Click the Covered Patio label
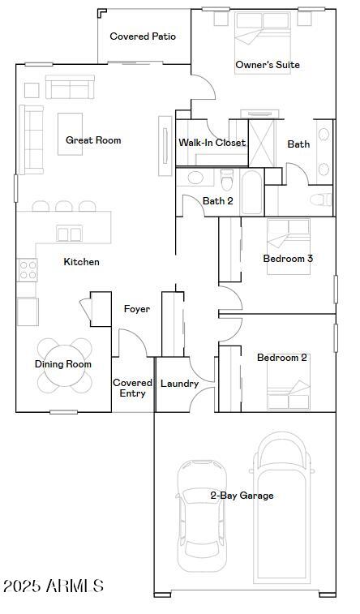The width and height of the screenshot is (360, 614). click(x=143, y=36)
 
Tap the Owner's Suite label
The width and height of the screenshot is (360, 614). click(x=268, y=65)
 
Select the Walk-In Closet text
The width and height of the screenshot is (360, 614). click(x=212, y=143)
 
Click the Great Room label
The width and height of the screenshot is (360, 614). click(x=93, y=140)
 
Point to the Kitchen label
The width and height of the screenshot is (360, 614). click(x=81, y=262)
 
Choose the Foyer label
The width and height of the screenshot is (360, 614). click(x=136, y=309)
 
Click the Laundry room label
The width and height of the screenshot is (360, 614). click(x=179, y=384)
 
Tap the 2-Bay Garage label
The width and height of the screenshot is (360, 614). click(x=242, y=496)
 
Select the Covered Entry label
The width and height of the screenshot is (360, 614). click(x=132, y=388)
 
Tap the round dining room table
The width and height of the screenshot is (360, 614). click(x=63, y=364)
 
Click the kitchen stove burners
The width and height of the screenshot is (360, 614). click(x=27, y=269)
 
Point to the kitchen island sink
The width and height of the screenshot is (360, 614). click(x=68, y=234)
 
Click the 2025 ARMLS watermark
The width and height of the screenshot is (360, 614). click(x=54, y=586)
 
